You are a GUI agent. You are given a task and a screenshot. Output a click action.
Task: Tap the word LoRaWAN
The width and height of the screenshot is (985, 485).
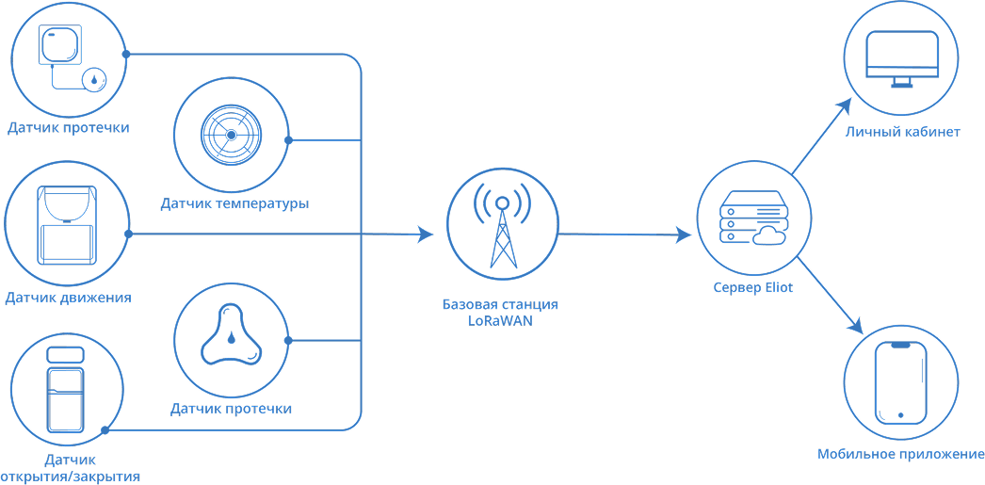(500, 321)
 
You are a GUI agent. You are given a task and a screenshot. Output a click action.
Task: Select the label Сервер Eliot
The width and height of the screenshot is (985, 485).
(752, 287)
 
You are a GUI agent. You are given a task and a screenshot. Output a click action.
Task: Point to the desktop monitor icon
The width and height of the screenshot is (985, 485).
(902, 58)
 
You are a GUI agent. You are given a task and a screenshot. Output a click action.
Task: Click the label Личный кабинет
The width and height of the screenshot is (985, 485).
(902, 132)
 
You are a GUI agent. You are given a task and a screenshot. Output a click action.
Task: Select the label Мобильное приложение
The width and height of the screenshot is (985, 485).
(900, 455)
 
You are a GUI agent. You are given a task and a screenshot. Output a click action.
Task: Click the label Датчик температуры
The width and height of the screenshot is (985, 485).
(234, 203)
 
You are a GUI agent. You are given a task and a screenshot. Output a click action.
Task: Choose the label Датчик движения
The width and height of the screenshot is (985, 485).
(68, 298)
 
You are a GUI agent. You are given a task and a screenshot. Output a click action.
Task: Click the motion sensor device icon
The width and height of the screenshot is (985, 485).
(67, 225)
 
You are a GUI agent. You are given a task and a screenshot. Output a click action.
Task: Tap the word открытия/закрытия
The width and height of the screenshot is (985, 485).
(72, 477)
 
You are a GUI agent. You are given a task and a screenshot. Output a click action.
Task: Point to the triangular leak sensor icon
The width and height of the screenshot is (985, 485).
(230, 336)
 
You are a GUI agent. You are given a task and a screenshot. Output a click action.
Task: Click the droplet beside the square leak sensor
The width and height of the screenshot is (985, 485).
(95, 80)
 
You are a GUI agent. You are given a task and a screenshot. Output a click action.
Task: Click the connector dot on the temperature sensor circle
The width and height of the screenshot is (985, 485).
(288, 140)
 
